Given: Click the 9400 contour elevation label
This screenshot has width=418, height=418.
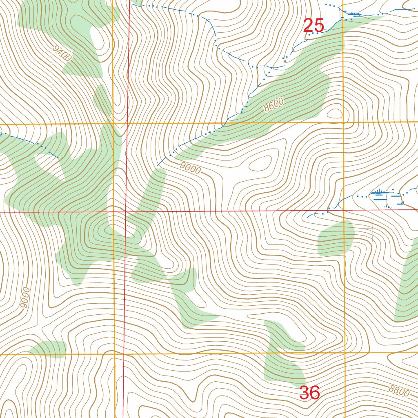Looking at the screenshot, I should pos(62,53).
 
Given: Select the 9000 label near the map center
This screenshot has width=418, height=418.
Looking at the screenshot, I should pos(190,167).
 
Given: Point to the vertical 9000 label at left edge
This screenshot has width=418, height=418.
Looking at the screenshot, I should pos(25,298).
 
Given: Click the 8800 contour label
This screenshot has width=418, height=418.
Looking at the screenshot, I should pos(398,391).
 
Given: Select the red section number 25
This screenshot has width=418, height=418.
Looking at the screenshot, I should pos(313,26).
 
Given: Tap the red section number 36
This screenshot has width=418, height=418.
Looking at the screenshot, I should pos(309,393).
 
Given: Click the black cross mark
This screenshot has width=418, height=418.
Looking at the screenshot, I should pos(372,227).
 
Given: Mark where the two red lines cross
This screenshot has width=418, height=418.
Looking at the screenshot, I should pos(125,211).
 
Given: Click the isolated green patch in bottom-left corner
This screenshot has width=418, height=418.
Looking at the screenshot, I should pos(49,349).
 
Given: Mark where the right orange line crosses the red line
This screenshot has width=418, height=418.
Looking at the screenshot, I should pos(344,210).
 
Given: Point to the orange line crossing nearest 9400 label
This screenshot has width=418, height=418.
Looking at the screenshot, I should pos(113,123).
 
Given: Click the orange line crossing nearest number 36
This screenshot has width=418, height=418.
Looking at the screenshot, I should pos(345,353).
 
